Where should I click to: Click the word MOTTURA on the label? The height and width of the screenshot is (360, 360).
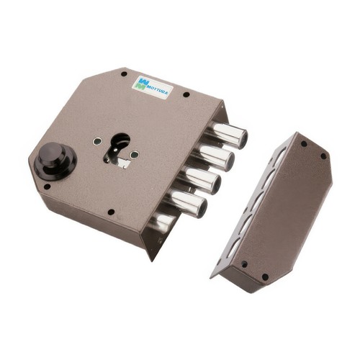pyautogui.click(x=156, y=90)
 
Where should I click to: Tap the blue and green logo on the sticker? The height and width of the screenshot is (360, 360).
pyautogui.click(x=141, y=83)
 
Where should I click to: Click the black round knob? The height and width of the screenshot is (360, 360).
pyautogui.click(x=55, y=160)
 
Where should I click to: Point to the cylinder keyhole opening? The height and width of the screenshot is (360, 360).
pyautogui.click(x=117, y=149)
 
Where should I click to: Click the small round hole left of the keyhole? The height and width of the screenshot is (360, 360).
pyautogui.click(x=97, y=141)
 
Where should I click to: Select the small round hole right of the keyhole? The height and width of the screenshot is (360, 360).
pyautogui.click(x=134, y=155)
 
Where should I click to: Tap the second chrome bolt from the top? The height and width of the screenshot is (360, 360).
pyautogui.click(x=214, y=156)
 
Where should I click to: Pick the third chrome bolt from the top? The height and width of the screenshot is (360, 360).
pyautogui.click(x=201, y=179)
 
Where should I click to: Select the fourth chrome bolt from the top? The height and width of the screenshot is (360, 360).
pyautogui.click(x=186, y=203)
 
